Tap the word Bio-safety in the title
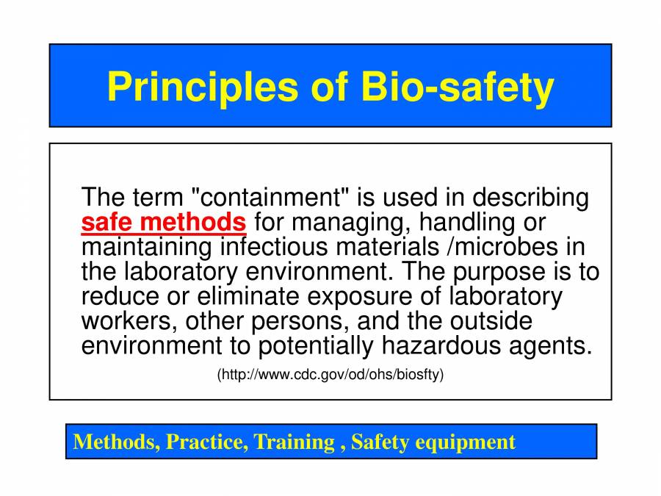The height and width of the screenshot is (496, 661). (x=457, y=87)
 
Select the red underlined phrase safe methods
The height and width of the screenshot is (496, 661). (x=163, y=221)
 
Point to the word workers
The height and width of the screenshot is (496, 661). (x=128, y=321)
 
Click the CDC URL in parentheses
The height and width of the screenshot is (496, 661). (x=330, y=375)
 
